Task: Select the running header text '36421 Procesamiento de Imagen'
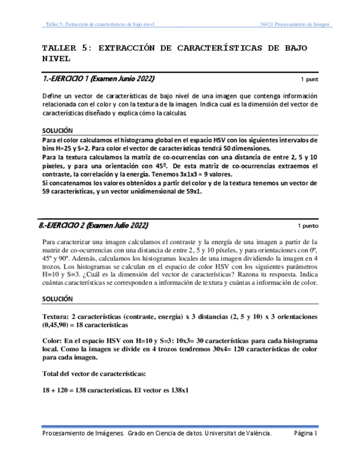click(x=295, y=24)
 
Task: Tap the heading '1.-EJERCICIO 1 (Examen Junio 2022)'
click(x=98, y=79)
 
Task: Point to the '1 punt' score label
click(x=309, y=79)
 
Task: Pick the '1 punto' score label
click(x=307, y=226)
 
